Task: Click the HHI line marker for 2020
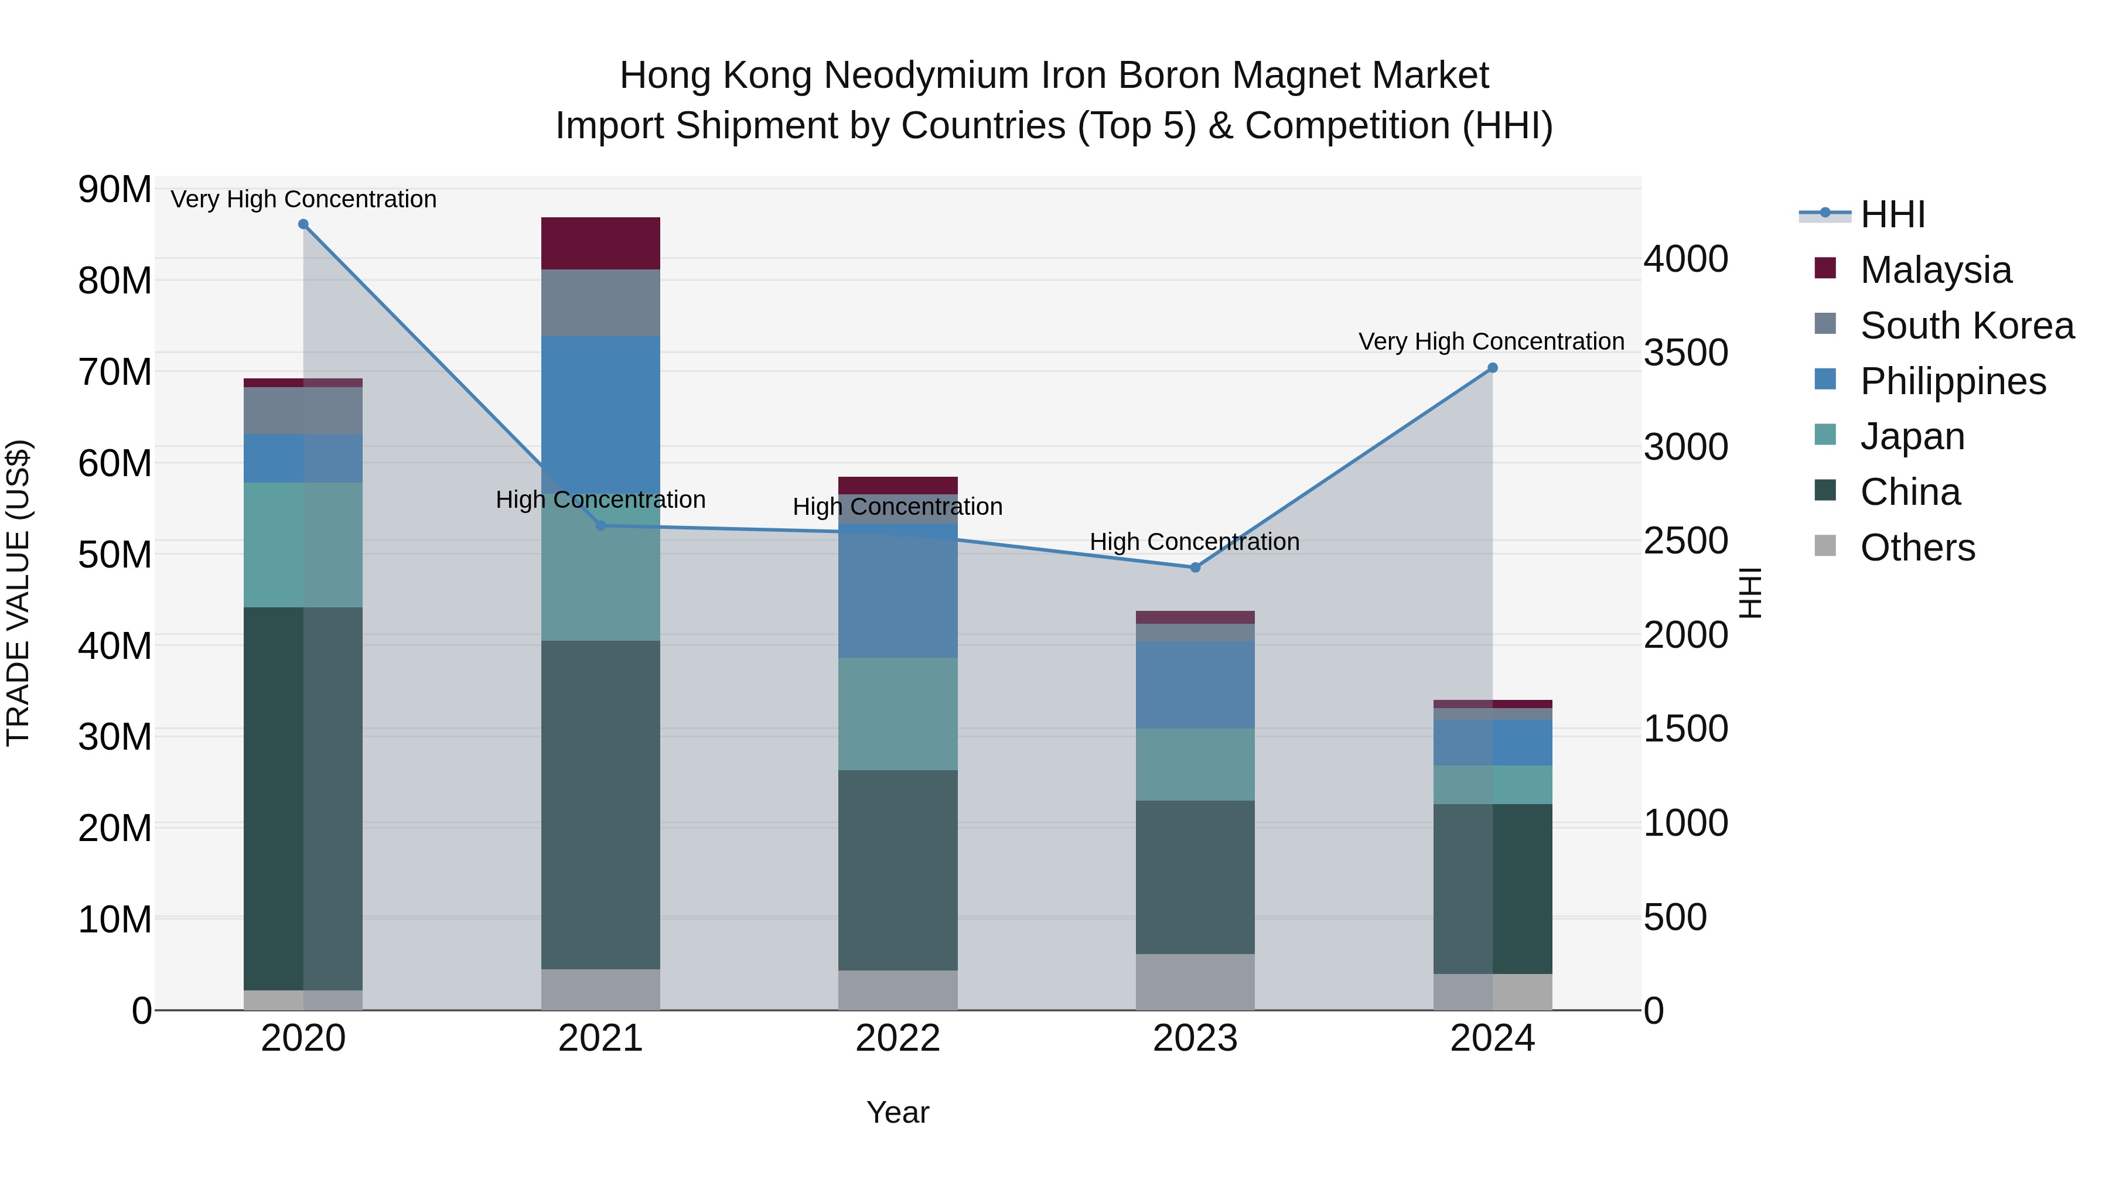[303, 224]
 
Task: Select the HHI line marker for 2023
[1195, 567]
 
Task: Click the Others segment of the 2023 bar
[1195, 982]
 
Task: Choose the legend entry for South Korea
[1967, 326]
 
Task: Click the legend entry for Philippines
[1953, 381]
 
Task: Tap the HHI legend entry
[1892, 214]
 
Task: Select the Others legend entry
[1917, 548]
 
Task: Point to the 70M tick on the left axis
[115, 372]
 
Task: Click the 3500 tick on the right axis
[1685, 353]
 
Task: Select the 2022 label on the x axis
[897, 1038]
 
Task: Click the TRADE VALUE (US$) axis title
[18, 593]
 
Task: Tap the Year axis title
[897, 1112]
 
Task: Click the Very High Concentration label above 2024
[1491, 341]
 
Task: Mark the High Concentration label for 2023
[1194, 542]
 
